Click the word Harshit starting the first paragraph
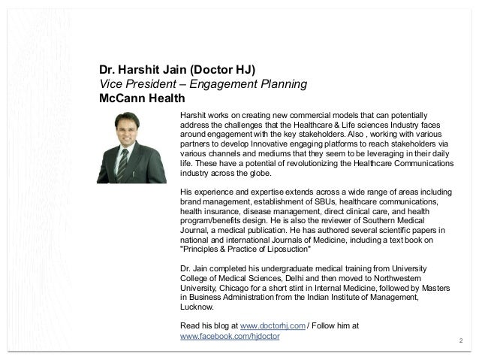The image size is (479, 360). coord(194,112)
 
